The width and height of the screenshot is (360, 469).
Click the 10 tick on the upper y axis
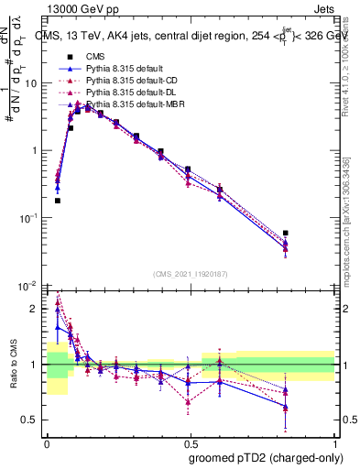(33, 83)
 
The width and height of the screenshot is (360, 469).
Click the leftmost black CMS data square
(58, 201)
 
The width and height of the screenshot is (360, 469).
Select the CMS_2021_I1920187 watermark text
(190, 274)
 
